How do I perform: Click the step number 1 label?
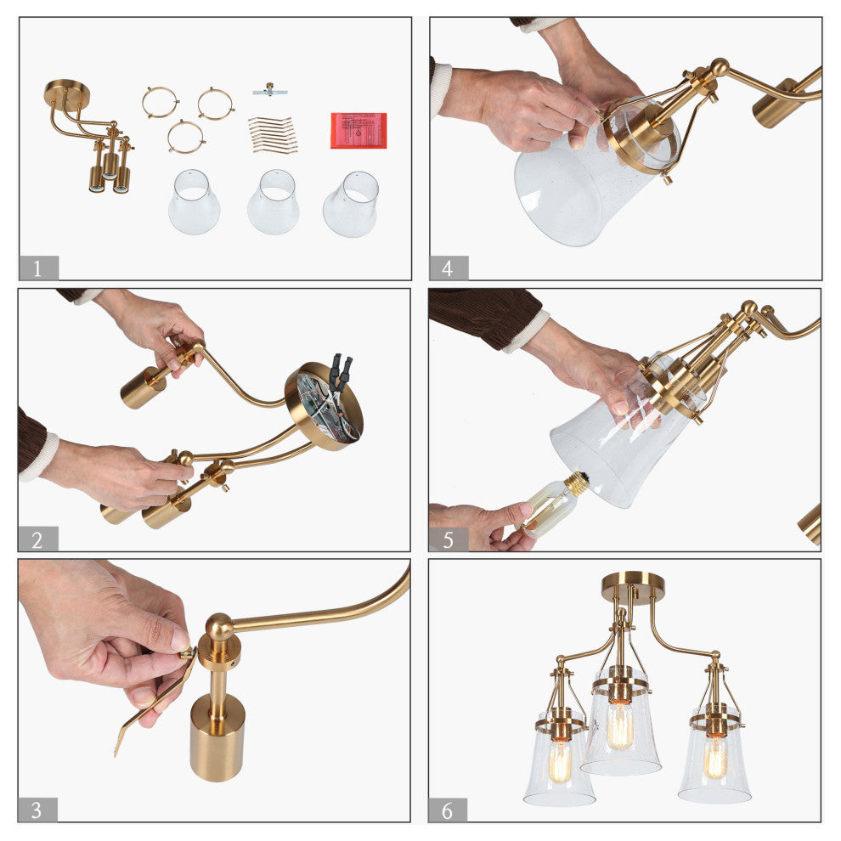click(x=38, y=268)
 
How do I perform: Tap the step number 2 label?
click(x=37, y=539)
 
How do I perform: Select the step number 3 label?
click(x=37, y=810)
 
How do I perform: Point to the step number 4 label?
click(x=449, y=268)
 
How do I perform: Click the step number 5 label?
click(x=449, y=539)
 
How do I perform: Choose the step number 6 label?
click(x=448, y=810)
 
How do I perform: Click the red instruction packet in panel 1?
click(x=358, y=130)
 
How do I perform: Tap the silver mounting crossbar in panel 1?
click(x=270, y=91)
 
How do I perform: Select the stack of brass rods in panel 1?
click(x=273, y=135)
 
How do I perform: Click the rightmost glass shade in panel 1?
click(x=351, y=204)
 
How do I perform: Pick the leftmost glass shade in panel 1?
click(x=195, y=201)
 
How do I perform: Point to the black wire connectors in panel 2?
click(x=341, y=371)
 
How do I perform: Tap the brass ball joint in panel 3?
click(x=219, y=626)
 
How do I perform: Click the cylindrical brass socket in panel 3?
click(x=217, y=737)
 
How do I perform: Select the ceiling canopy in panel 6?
click(x=633, y=585)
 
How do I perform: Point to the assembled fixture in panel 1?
click(x=89, y=136)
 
